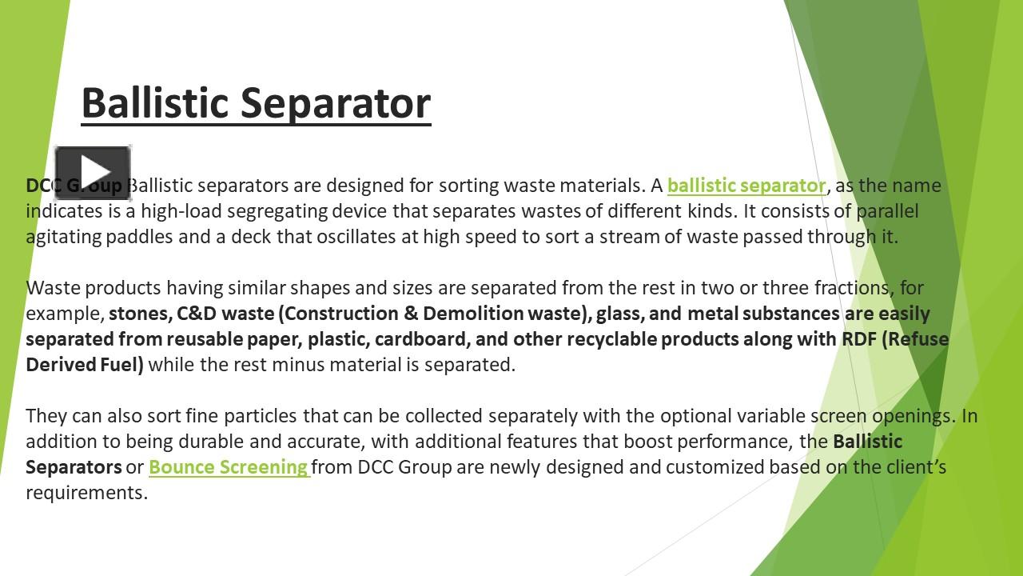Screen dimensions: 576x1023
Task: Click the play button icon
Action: click(93, 172)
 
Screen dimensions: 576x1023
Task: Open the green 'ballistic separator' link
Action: click(746, 186)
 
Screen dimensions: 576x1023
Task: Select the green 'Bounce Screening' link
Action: click(228, 467)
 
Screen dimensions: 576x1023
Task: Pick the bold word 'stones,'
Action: click(137, 314)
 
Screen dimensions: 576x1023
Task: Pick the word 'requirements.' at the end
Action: click(86, 493)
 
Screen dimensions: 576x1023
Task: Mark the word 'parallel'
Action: click(887, 211)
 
